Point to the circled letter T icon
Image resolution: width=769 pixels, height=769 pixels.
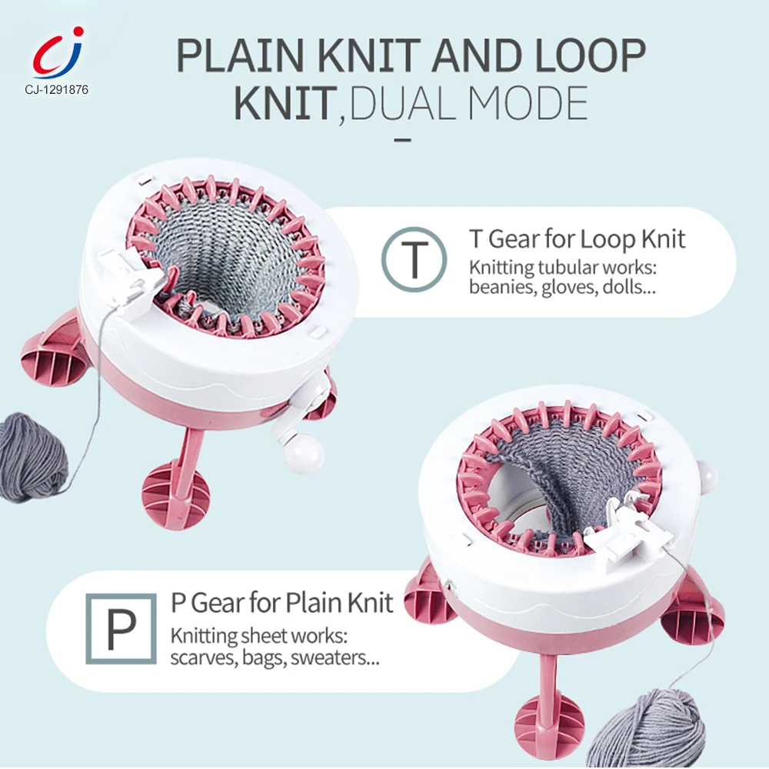(x=414, y=258)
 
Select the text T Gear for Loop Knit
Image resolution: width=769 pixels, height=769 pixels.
(x=577, y=239)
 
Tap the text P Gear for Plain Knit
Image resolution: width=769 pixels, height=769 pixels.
(x=281, y=602)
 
